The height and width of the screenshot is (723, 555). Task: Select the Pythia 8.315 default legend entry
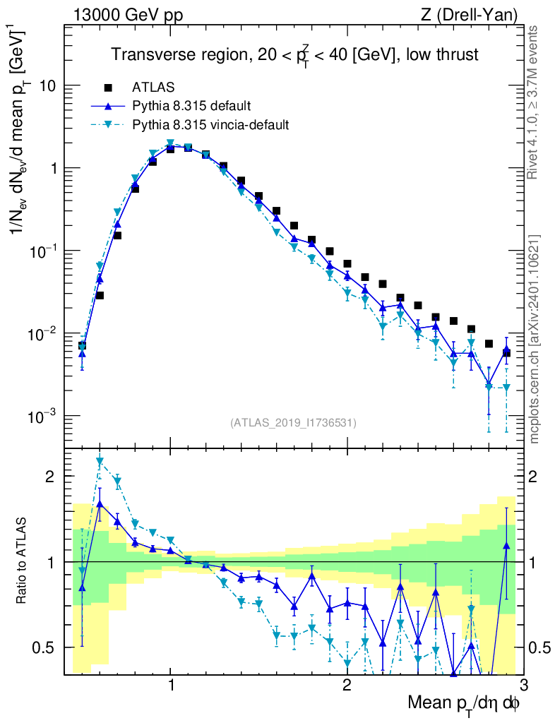point(191,106)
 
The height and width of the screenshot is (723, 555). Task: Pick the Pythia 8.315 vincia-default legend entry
point(210,124)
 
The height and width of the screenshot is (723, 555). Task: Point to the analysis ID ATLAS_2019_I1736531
point(293,423)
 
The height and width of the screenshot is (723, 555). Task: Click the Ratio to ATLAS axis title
point(23,561)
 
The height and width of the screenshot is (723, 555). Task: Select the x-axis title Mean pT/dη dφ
point(465,703)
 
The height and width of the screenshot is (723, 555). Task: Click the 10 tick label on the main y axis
point(47,86)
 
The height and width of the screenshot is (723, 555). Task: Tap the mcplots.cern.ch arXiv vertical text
point(535,339)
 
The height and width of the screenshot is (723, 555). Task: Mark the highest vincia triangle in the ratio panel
point(100,462)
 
